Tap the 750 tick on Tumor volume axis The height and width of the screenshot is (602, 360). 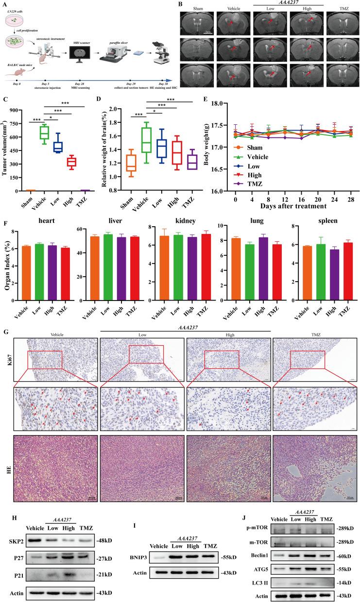coord(20,110)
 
